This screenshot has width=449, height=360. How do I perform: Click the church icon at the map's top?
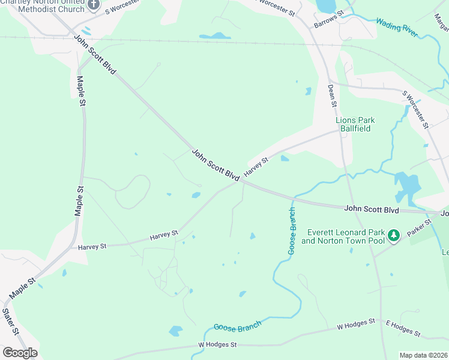94,4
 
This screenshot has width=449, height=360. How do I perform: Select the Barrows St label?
328,20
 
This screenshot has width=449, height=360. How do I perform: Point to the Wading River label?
397,28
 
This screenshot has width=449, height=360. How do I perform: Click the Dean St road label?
332,95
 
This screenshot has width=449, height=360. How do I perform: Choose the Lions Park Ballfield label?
355,124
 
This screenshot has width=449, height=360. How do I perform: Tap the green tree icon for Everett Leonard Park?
394,235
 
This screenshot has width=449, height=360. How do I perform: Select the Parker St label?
420,229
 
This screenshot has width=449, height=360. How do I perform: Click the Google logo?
20,353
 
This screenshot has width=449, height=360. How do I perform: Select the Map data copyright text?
423,355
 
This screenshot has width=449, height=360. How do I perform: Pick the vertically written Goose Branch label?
292,231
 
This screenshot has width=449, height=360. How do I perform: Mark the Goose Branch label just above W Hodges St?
238,326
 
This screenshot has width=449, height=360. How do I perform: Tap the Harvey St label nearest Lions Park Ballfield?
256,166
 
